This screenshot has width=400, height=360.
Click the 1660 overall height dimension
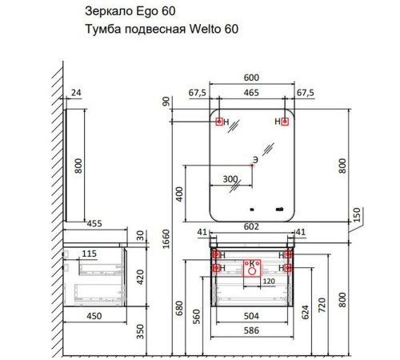[x=166, y=238]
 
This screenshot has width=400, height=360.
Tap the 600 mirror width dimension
[x=251, y=78]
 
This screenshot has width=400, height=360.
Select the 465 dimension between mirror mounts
[x=251, y=93]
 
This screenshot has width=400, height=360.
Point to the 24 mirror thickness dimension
[x=76, y=93]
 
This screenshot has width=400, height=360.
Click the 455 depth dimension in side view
[x=94, y=223]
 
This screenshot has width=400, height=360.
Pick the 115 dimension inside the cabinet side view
[x=89, y=254]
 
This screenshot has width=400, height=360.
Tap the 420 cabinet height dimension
[x=140, y=277]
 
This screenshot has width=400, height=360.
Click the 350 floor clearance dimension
[x=140, y=331]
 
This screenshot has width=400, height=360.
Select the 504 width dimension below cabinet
[x=251, y=316]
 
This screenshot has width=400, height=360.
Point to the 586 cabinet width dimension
[x=251, y=330]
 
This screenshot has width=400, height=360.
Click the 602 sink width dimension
[x=251, y=226]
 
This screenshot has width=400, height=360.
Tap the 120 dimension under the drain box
[x=269, y=282]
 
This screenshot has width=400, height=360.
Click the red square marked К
[x=252, y=268]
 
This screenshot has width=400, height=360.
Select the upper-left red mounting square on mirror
[x=219, y=122]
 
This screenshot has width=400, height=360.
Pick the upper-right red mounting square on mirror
[x=285, y=122]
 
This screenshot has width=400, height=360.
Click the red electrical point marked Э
[x=252, y=166]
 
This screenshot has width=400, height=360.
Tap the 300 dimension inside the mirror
[x=230, y=179]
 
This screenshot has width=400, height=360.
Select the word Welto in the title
[x=205, y=29]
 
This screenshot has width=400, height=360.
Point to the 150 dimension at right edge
[x=357, y=215]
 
